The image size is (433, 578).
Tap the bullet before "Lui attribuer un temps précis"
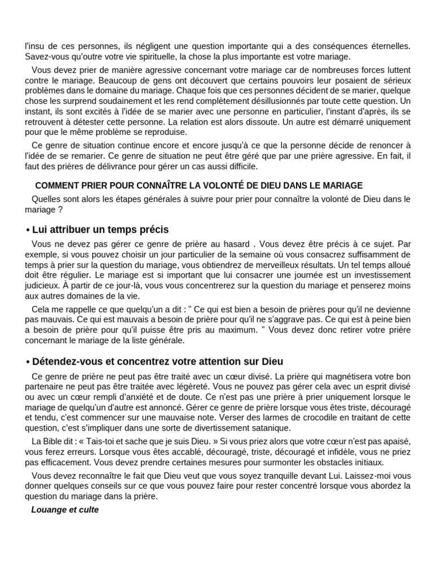[x=28, y=230]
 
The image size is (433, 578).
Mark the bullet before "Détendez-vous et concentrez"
[x=28, y=362]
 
